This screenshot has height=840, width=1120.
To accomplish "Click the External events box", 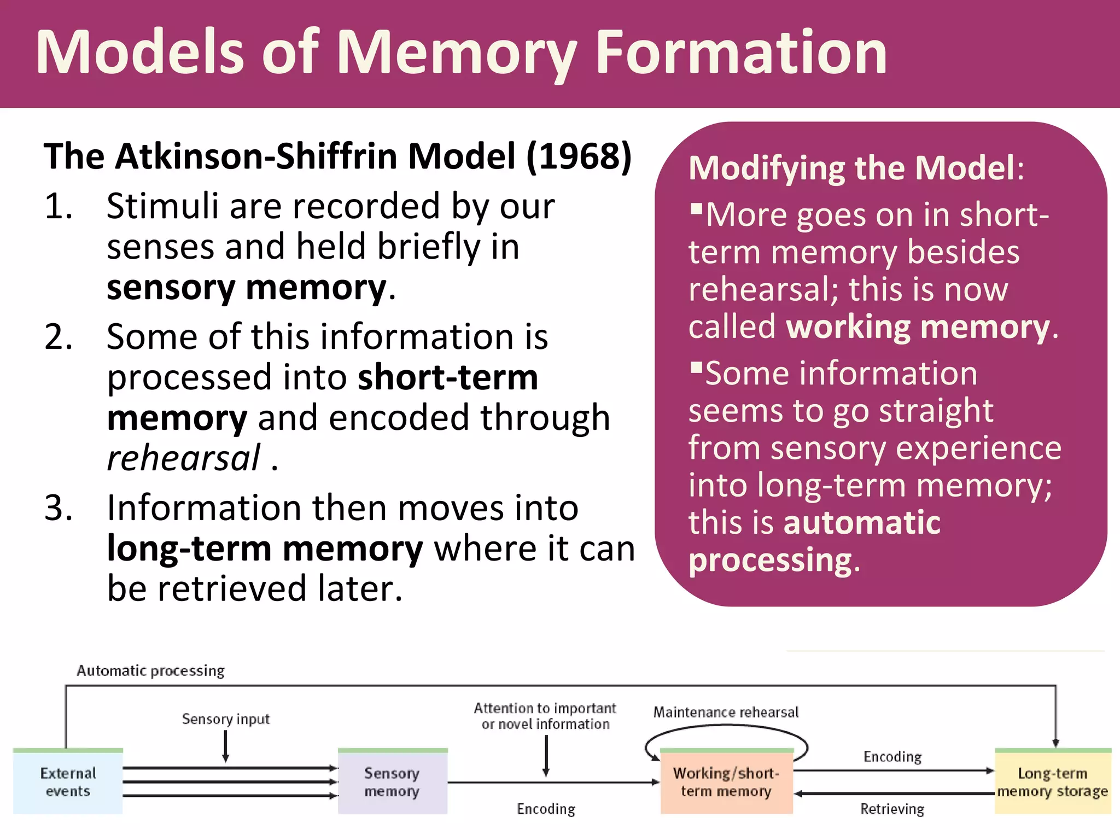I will pos(68,781).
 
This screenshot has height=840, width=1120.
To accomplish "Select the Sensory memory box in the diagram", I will pos(392,781).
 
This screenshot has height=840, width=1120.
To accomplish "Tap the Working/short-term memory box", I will pos(726,781).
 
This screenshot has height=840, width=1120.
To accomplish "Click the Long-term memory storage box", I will pos(1052,781).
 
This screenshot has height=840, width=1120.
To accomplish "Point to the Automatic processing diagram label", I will pos(150,670).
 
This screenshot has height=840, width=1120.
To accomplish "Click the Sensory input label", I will pos(225,719).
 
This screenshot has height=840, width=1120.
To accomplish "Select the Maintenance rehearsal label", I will pos(726,712).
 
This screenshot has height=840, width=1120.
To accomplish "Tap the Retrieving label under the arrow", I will pos(892,809).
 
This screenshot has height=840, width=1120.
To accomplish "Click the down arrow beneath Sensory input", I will pos(225,746).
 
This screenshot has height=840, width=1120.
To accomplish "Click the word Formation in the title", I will pos(740,53).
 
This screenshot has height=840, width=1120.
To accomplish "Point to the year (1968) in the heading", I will pos(579,157).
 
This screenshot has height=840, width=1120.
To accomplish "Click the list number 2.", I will pos(58,337).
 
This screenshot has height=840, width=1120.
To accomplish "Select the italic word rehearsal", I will pos(184,458).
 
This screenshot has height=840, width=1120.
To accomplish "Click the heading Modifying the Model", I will pos(852,168).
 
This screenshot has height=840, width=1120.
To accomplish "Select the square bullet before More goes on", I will pos(696,209).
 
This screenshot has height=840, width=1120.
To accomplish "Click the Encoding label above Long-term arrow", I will pos(892,757).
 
